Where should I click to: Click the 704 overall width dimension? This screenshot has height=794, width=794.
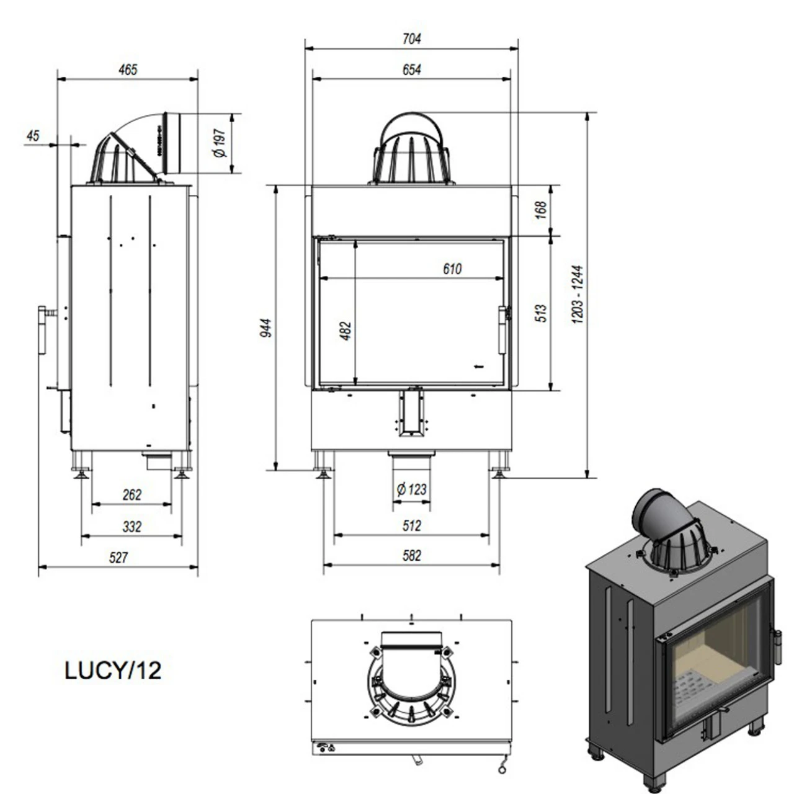[411, 38]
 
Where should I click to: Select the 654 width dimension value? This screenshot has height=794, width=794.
[411, 69]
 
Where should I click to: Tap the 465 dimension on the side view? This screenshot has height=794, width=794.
[128, 69]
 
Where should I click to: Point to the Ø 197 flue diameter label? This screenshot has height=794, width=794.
[220, 143]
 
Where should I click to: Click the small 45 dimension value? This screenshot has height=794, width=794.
[33, 135]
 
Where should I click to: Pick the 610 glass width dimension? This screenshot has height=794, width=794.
[452, 269]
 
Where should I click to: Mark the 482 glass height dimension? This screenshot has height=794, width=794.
[346, 330]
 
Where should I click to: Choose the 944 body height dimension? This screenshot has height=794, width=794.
[265, 327]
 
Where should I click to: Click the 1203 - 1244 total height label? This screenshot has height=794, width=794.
[578, 294]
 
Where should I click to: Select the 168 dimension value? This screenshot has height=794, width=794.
[541, 209]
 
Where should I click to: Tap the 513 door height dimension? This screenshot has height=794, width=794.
[541, 313]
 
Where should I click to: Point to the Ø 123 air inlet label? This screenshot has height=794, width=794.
[412, 489]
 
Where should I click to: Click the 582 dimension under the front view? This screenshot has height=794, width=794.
[411, 555]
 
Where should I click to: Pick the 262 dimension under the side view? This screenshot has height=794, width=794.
[132, 494]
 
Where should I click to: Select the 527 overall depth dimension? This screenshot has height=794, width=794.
[118, 557]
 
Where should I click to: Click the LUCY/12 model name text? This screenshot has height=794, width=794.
[113, 671]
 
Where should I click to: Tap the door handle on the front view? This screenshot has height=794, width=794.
[504, 330]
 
